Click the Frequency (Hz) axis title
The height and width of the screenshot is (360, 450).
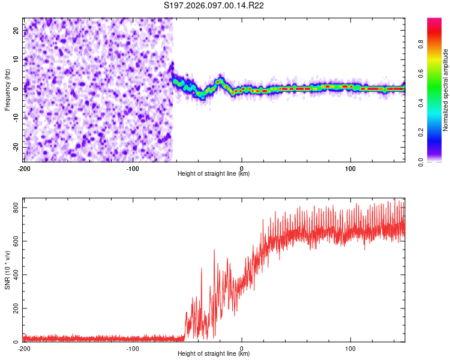(x=7, y=89)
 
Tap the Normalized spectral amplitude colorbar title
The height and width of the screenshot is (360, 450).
(x=446, y=90)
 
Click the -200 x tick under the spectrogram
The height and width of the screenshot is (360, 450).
(x=23, y=169)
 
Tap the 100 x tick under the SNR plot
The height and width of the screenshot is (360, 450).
(x=350, y=349)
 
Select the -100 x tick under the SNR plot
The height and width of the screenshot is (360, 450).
(x=133, y=349)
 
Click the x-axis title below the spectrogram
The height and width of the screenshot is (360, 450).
(x=214, y=174)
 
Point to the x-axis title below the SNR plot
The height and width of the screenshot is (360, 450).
(x=214, y=354)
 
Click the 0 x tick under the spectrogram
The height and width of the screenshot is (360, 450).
(x=242, y=169)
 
